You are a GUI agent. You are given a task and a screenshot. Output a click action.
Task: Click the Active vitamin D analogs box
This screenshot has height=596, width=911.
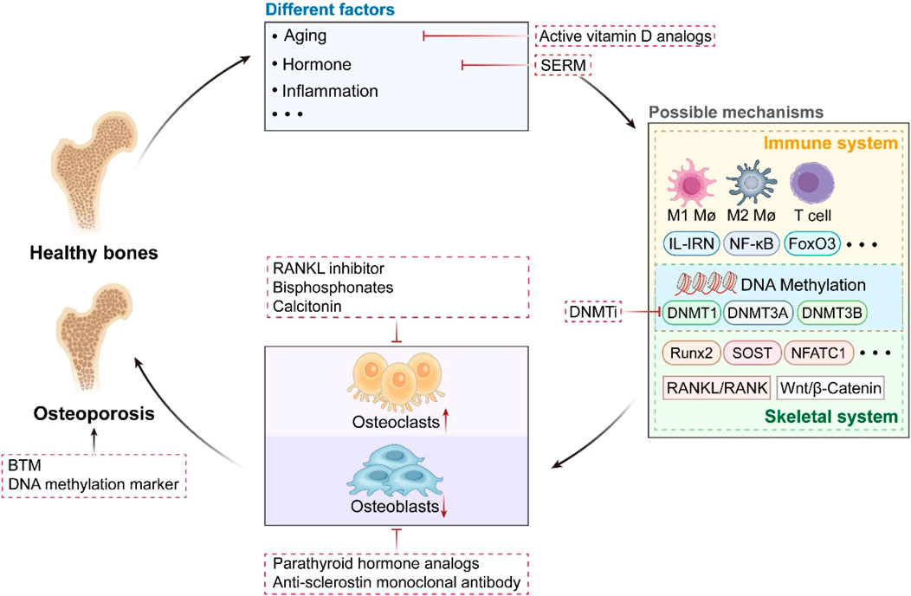tap(627, 36)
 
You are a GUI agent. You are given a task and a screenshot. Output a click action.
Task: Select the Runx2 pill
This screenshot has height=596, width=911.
tap(689, 353)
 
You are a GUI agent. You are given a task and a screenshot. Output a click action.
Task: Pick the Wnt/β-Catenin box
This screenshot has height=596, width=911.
tap(830, 389)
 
